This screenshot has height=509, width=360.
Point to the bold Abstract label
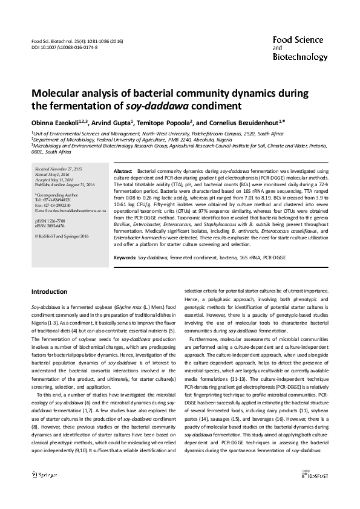click(123, 172)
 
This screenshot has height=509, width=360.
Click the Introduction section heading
click(49, 291)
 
